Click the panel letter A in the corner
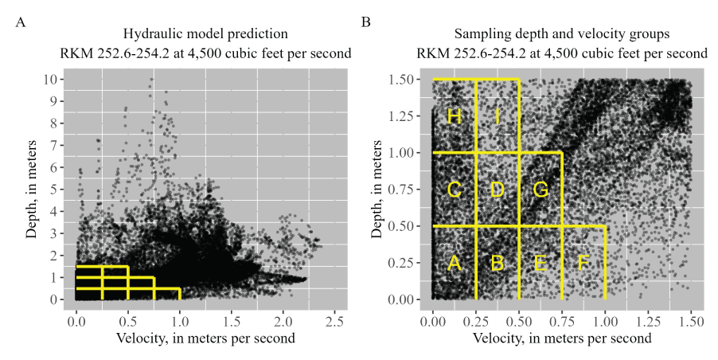(x=22, y=22)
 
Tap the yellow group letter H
(x=455, y=116)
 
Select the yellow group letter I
(x=498, y=116)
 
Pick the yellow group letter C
(x=455, y=190)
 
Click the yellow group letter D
(x=498, y=190)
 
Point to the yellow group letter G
(x=540, y=190)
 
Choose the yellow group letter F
(x=583, y=264)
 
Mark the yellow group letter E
(x=540, y=264)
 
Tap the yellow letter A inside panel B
(x=455, y=264)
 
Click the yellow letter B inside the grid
(x=498, y=264)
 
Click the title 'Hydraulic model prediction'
(x=205, y=35)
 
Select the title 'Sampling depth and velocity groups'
(x=562, y=35)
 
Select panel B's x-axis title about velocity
(x=562, y=338)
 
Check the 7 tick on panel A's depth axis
(x=53, y=146)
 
